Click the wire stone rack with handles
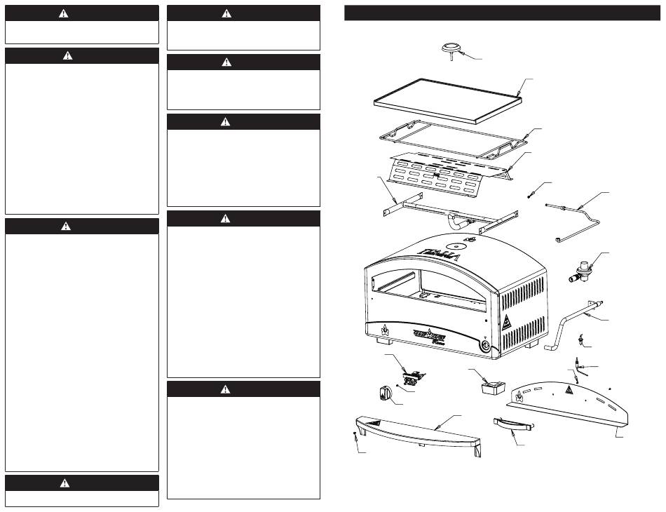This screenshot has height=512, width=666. coord(449,138)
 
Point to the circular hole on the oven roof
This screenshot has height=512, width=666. coord(456,247)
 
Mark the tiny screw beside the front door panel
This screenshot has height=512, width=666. coord(356,438)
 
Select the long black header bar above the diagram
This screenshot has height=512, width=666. coord(502,13)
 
